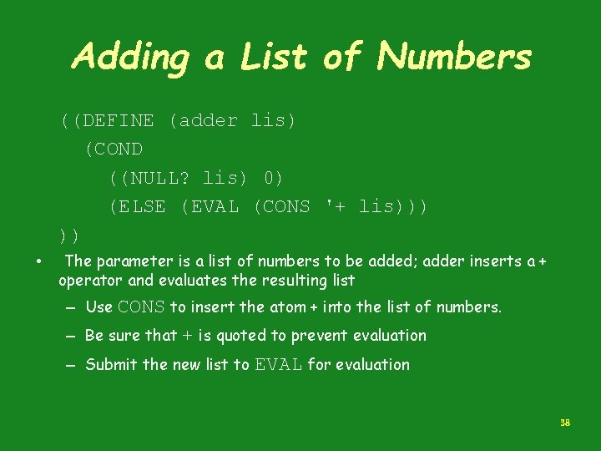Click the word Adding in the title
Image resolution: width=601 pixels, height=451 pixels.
click(131, 58)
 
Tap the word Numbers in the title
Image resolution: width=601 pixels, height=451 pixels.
click(454, 56)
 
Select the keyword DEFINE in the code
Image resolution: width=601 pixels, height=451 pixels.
click(118, 120)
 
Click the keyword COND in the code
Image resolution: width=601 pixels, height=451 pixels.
click(119, 149)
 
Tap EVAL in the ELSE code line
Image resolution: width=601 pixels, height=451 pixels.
click(215, 206)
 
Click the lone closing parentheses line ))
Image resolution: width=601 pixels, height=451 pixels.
click(69, 234)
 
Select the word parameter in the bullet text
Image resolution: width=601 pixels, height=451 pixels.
click(130, 261)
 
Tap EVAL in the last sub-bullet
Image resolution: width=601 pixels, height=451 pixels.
click(278, 364)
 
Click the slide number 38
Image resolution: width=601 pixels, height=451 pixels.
click(565, 423)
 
